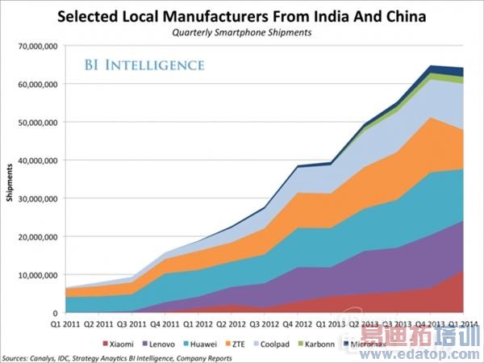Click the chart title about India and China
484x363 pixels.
click(x=242, y=15)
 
